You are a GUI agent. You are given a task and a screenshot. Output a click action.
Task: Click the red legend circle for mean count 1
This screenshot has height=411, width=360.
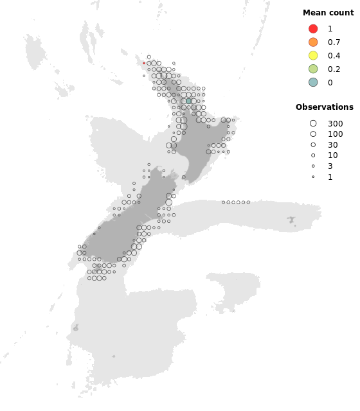pyautogui.click(x=313, y=29)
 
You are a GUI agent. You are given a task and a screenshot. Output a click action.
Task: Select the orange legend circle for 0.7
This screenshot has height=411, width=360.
pyautogui.click(x=313, y=42)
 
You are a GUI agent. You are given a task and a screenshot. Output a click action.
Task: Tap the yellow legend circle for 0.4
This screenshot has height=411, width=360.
pyautogui.click(x=313, y=56)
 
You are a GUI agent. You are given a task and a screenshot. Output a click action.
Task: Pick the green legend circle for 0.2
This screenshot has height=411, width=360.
pyautogui.click(x=313, y=69)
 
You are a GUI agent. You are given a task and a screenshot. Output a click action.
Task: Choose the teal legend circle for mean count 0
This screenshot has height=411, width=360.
pyautogui.click(x=313, y=82)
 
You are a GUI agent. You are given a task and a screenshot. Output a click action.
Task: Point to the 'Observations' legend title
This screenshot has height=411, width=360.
pyautogui.click(x=324, y=107)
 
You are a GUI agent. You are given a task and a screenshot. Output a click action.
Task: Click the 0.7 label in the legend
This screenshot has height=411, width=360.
pyautogui.click(x=334, y=42)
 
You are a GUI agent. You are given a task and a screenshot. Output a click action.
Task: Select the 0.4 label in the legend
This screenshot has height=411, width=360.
pyautogui.click(x=334, y=56)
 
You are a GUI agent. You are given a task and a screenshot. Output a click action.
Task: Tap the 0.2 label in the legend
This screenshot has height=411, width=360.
pyautogui.click(x=334, y=69)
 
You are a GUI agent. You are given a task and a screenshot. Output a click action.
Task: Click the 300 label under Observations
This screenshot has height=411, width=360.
pyautogui.click(x=335, y=123)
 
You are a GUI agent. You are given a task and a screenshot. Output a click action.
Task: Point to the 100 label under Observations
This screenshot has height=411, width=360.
pyautogui.click(x=335, y=134)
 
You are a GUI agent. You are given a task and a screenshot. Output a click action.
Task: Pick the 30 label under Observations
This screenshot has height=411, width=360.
pyautogui.click(x=332, y=144)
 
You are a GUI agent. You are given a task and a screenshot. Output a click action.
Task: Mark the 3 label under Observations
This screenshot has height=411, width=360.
pyautogui.click(x=330, y=166)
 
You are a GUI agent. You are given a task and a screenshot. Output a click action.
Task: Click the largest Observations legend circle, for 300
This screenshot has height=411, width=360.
pyautogui.click(x=313, y=123)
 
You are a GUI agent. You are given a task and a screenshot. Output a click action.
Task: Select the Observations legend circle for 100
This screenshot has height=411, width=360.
pyautogui.click(x=313, y=134)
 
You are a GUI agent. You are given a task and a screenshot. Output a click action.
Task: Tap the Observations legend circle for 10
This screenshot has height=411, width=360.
pyautogui.click(x=313, y=155)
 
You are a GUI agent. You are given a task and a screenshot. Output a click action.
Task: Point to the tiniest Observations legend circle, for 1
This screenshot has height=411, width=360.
pyautogui.click(x=313, y=177)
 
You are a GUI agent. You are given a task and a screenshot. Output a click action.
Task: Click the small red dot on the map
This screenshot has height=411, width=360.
pyautogui.click(x=144, y=63)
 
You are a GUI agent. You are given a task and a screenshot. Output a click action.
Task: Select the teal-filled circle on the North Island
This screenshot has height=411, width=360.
pyautogui.click(x=188, y=101)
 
